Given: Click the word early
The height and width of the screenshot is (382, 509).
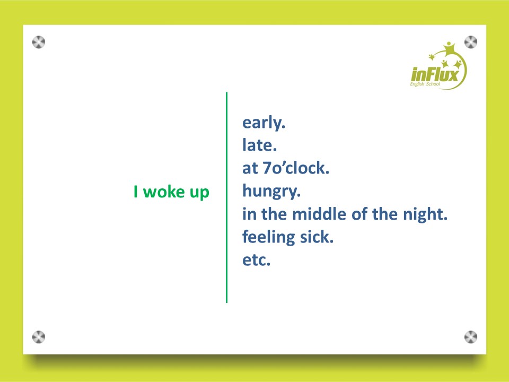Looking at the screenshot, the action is coord(264,123).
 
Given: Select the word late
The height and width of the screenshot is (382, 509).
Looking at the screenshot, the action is coord(259,145).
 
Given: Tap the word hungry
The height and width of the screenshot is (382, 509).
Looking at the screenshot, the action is coord(271,192).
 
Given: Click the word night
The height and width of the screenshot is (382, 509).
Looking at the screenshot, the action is coord(425,215).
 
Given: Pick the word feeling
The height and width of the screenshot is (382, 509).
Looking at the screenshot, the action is coord(269,237).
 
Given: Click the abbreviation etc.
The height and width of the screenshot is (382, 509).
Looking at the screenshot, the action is coord(257,260).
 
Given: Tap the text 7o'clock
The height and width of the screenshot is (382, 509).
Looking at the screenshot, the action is coord(296,168).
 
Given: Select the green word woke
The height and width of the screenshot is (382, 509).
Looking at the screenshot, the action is coord(164,192).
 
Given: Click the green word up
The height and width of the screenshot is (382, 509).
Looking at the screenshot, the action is coord(199,193).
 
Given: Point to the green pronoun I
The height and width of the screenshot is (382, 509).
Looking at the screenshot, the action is coord(136,192).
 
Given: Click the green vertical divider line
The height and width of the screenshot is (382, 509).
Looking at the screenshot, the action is coord(226,197).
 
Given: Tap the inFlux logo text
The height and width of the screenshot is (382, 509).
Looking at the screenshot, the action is coord(434,74).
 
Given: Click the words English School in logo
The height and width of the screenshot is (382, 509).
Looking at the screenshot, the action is coord(425,84).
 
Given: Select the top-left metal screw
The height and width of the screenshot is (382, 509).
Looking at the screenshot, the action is coord(39,42).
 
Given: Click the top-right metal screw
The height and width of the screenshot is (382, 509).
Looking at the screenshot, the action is coord(471,42).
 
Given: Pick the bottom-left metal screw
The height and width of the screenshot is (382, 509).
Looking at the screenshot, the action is coord(39,337).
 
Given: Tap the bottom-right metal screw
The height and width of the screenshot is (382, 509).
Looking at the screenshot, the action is coord(471,337).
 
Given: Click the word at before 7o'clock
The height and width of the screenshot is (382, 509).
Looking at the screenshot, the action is coord(250,168).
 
